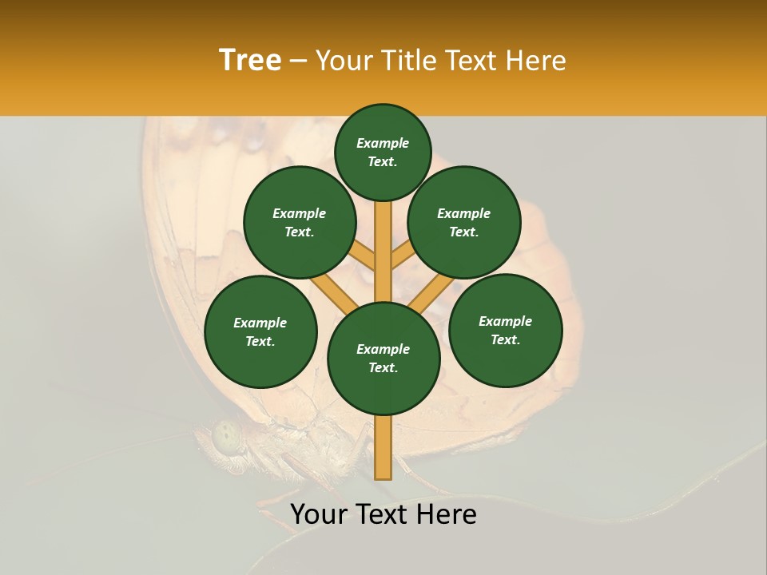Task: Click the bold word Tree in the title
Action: (249, 61)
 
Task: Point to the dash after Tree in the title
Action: (298, 61)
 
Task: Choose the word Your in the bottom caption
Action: (319, 514)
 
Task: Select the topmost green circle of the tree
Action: (383, 153)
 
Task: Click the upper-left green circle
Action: (300, 223)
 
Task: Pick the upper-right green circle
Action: (464, 223)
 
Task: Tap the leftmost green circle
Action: (260, 331)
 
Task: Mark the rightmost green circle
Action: (505, 330)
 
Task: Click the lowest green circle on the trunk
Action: (383, 359)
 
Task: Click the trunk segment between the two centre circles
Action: (383, 252)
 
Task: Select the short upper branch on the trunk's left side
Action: (362, 257)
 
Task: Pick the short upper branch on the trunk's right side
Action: (403, 256)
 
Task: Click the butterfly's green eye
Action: (227, 437)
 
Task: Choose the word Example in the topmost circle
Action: (383, 144)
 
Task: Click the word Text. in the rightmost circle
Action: (505, 339)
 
